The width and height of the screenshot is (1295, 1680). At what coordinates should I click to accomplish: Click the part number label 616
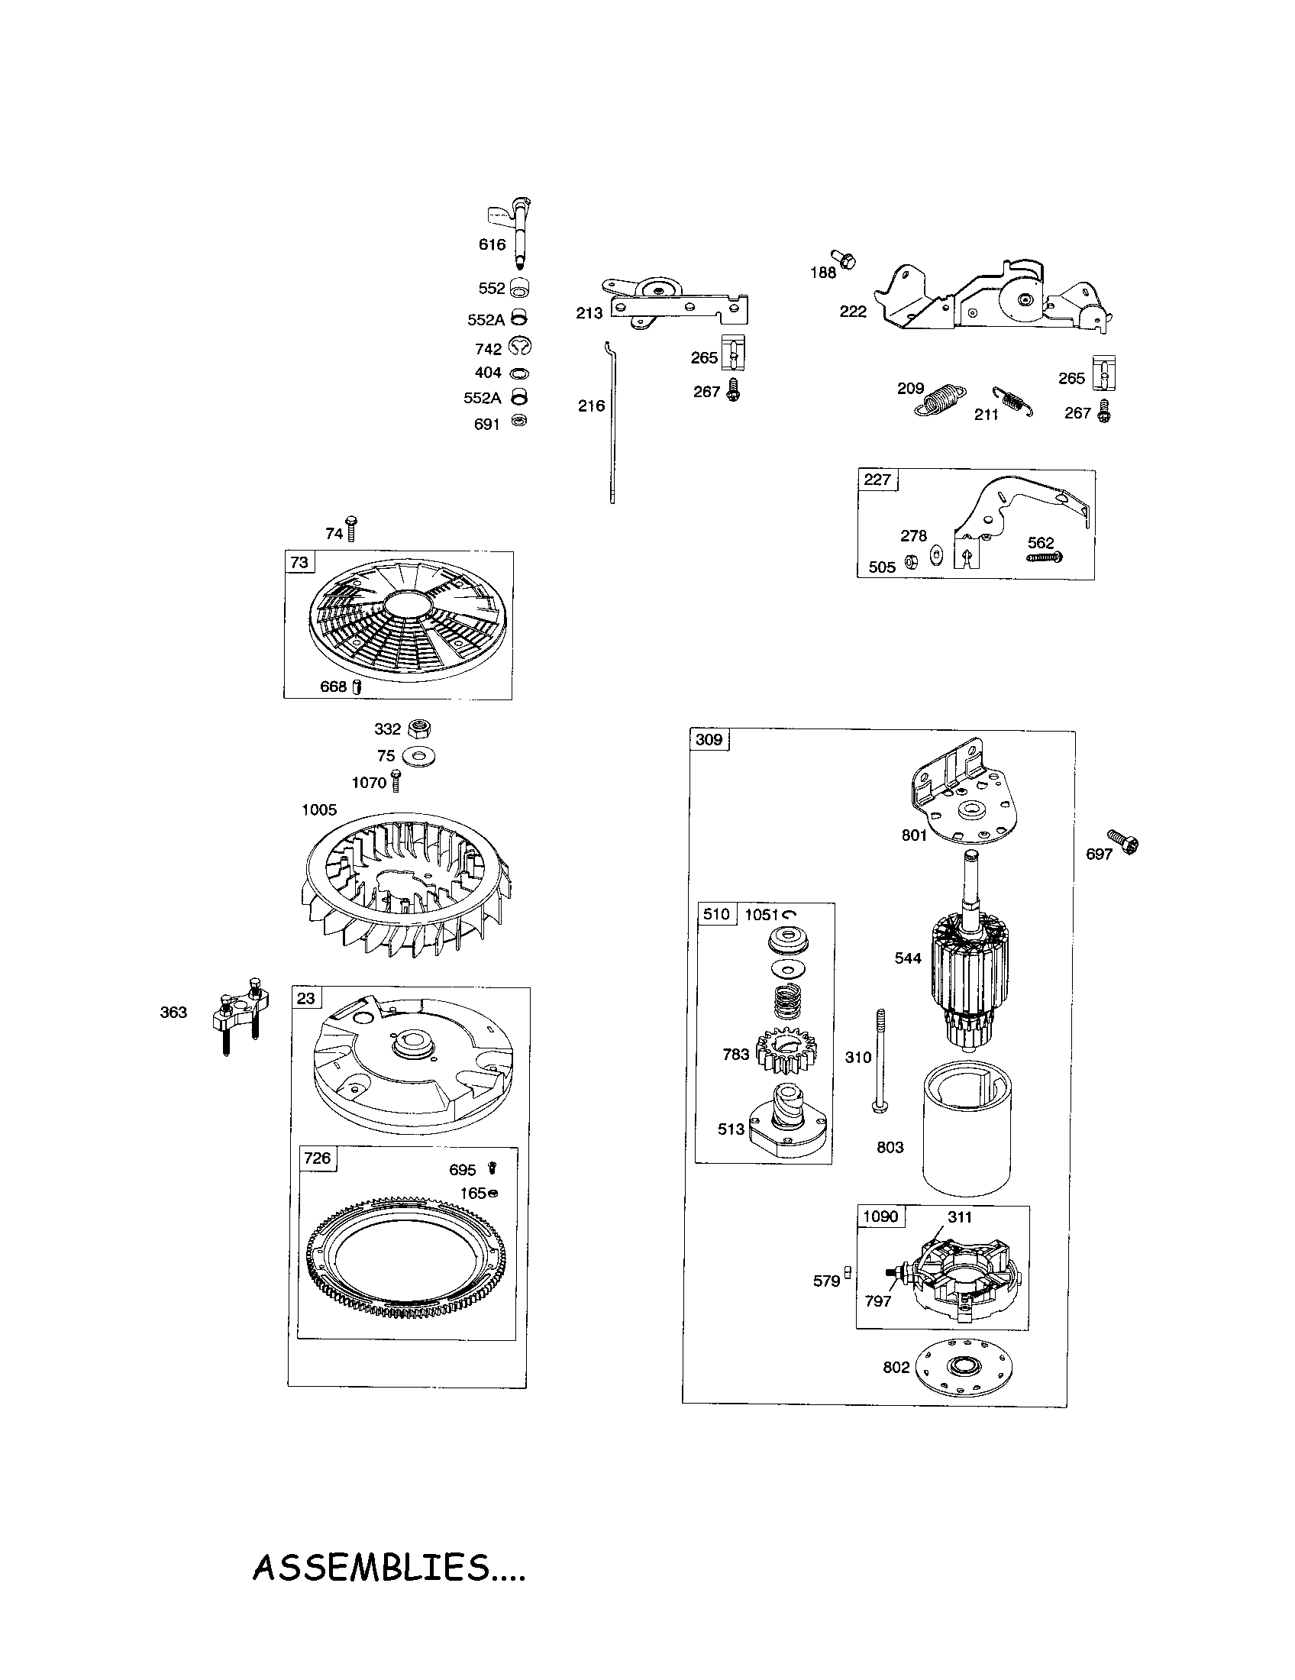492,244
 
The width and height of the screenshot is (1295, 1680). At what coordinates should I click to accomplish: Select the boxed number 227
877,480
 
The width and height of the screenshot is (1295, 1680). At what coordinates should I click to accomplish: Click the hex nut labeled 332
419,727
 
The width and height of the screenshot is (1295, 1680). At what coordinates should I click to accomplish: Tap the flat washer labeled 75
419,756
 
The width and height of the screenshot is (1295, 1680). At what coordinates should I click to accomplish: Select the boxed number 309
709,740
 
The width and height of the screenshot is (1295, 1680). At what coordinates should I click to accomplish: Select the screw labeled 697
1123,843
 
